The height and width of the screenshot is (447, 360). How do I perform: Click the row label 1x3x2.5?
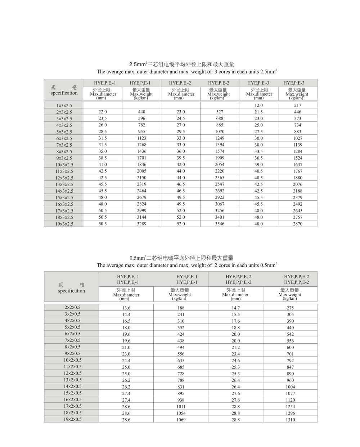point(64,106)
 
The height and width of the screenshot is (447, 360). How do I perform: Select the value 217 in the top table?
point(297,105)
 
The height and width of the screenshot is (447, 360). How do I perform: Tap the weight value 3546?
point(220,224)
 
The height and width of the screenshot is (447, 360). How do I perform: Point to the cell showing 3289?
point(141,224)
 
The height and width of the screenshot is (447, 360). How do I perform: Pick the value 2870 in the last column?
point(297,224)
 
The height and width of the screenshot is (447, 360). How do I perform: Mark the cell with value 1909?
point(220,158)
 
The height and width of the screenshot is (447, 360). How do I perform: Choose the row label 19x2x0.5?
point(72,419)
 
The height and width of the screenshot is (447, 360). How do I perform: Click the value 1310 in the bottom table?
point(290,420)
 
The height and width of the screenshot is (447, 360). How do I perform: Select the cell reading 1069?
point(181,420)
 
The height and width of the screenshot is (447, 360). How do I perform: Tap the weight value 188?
point(181,308)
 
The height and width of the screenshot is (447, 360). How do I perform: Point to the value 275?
point(290,308)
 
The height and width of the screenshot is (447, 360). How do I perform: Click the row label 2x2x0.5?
point(72,307)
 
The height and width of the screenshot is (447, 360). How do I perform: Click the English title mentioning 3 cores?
point(186,72)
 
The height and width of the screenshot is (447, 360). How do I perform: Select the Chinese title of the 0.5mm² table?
point(181,258)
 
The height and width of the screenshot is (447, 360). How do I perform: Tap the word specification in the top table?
point(64,93)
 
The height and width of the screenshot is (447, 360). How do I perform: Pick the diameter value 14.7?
point(235,308)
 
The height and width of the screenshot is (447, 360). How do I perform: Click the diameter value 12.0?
point(258,105)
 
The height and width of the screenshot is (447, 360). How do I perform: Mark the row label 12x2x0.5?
point(72,373)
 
